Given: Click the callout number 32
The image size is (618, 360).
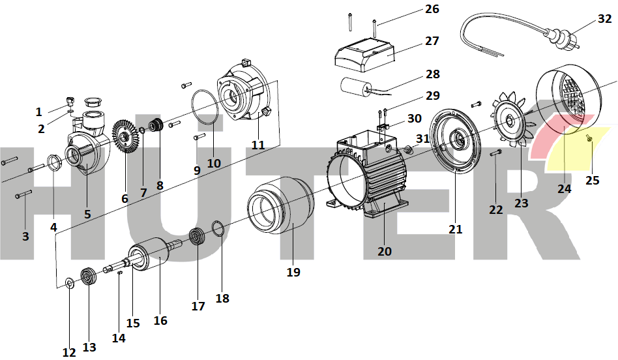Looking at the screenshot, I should point(604,19).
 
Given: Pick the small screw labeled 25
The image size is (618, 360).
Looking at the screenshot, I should point(589,138).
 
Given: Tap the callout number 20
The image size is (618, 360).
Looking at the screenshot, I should point(385,251).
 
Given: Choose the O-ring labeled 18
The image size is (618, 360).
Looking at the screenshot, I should point(218,227).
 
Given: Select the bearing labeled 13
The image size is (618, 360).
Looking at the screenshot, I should point(87,276).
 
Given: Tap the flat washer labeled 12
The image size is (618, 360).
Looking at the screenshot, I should point(69,284).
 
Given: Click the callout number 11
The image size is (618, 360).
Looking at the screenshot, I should point(258,145).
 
